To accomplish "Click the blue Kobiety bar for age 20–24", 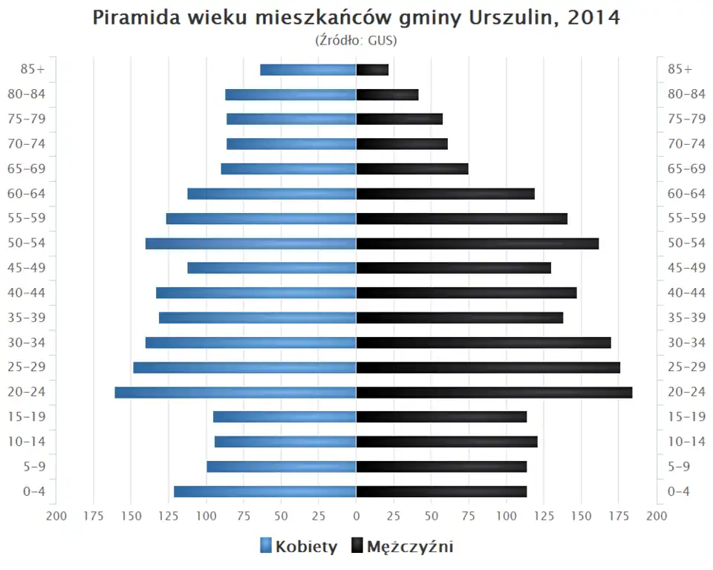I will (235, 392).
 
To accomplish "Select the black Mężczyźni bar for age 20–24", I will (494, 392).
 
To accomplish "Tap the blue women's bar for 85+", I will (308, 70).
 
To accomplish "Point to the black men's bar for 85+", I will (372, 70).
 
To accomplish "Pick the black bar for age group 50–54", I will (478, 243).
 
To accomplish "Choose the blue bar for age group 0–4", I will (265, 491).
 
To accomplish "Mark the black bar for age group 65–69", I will (412, 168).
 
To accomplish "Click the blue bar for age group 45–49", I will (272, 268).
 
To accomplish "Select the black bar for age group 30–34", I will (484, 342).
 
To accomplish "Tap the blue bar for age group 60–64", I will (272, 194).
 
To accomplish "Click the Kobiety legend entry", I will (299, 547).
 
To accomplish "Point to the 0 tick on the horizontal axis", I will (356, 516).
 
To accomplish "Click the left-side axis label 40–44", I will (27, 292).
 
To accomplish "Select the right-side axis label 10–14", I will (686, 442).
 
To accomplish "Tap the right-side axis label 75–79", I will (686, 119).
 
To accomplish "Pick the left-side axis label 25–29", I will (27, 367).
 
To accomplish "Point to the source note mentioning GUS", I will (356, 40).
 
